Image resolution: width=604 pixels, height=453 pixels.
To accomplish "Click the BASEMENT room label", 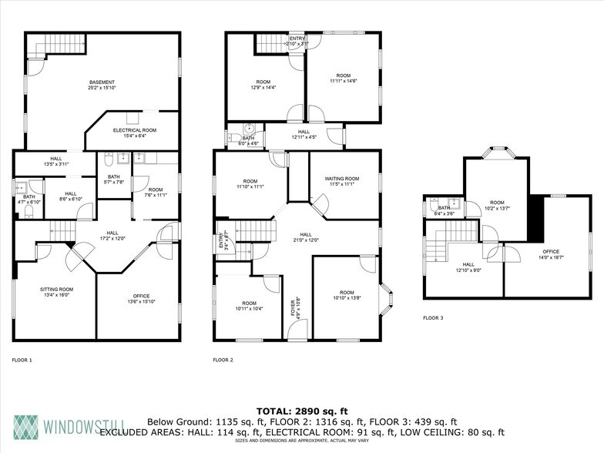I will [102, 83].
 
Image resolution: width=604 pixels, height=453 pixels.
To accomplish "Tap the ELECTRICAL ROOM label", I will [135, 131].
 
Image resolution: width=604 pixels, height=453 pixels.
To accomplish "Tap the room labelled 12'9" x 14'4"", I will [263, 82].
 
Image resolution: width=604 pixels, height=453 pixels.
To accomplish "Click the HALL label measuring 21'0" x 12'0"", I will [306, 235].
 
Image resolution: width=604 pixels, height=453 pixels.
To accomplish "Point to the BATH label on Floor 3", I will [445, 208].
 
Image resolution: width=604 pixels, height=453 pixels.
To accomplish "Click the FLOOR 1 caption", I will [22, 360].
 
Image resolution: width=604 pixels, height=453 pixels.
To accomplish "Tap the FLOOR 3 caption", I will [434, 317].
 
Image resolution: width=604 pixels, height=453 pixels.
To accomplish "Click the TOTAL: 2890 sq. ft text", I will [301, 411].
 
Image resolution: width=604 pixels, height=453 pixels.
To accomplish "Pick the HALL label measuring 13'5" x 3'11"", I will [57, 162].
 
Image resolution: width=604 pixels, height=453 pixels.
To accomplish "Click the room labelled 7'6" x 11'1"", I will [156, 190].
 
